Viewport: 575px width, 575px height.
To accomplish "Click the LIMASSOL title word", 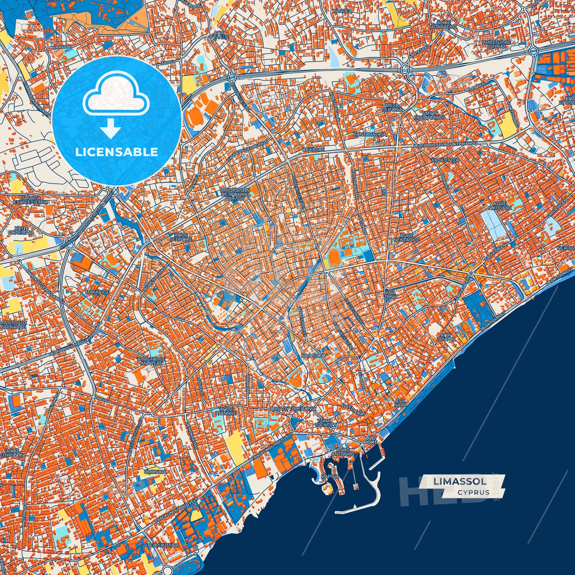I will click(x=460, y=481).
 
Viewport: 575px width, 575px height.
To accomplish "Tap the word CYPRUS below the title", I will click(x=473, y=492).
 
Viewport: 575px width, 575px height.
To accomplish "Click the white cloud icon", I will click(x=116, y=96).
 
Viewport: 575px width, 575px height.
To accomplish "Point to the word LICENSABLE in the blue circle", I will click(x=117, y=152).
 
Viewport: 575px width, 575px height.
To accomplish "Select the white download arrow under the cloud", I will click(x=111, y=129).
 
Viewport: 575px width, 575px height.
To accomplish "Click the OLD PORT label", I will click(x=370, y=440).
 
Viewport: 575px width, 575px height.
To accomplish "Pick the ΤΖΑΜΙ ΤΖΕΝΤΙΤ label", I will click(x=324, y=423).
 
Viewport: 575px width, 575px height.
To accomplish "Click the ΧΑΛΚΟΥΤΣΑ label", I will click(x=445, y=160).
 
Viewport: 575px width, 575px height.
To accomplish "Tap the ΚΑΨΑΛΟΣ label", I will click(x=314, y=150).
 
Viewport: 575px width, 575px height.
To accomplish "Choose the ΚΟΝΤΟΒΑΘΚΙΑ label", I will click(x=370, y=134).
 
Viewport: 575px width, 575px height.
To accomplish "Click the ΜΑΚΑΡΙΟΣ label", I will click(x=97, y=292).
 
